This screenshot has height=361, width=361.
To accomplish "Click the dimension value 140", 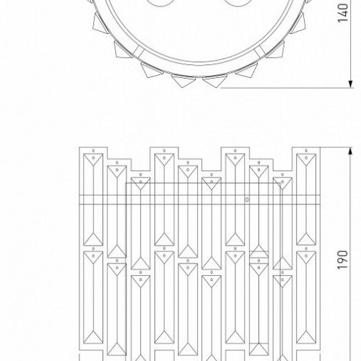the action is (x=344, y=13).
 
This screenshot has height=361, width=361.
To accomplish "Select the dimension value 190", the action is (x=343, y=260).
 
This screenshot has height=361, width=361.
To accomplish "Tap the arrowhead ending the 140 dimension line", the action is (x=351, y=83).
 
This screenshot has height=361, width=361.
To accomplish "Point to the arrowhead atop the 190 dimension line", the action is (x=351, y=152).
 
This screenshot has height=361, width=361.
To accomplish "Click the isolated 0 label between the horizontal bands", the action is (x=247, y=199).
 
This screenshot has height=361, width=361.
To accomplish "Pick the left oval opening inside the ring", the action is (x=160, y=2).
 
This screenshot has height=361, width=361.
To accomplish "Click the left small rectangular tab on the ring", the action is (x=138, y=51).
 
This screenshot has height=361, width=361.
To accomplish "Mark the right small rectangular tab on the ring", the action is (x=259, y=51).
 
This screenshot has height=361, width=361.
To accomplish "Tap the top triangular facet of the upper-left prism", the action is (x=93, y=159).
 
